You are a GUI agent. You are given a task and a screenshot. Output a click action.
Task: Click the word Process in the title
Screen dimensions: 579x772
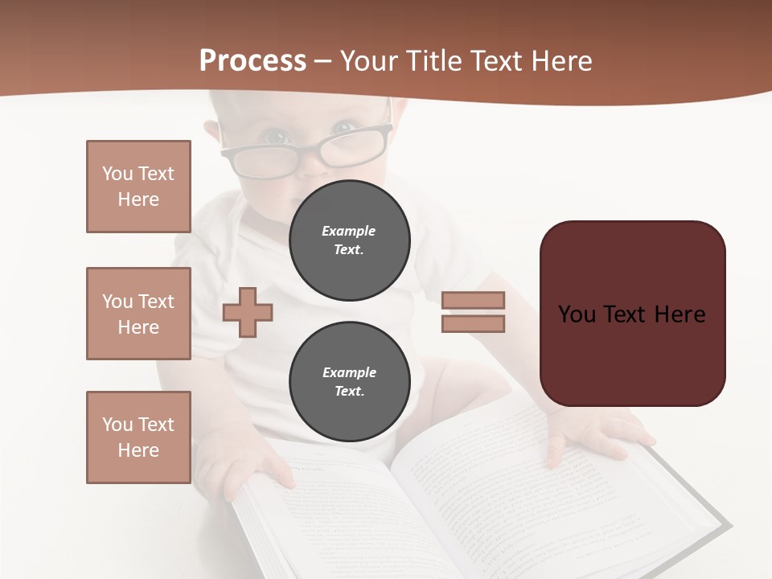click(x=253, y=61)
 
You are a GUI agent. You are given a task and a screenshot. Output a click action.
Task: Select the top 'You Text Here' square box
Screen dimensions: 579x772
click(x=138, y=187)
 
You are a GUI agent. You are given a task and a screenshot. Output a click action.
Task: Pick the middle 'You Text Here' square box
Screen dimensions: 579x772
click(x=138, y=314)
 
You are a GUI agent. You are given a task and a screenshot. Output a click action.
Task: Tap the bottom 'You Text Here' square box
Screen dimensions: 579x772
click(x=138, y=437)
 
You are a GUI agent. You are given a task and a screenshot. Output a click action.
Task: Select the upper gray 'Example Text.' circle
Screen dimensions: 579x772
click(x=349, y=240)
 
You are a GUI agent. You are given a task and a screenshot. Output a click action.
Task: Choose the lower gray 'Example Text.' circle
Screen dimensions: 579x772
click(x=349, y=381)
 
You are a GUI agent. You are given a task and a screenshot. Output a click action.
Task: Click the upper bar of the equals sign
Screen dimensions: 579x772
click(x=473, y=300)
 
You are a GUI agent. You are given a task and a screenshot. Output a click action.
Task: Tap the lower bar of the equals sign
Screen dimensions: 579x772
click(x=473, y=323)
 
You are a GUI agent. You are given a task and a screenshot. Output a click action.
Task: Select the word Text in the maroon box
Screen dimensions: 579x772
click(x=632, y=314)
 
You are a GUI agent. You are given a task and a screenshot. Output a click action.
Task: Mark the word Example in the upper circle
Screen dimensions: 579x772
click(x=349, y=231)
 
